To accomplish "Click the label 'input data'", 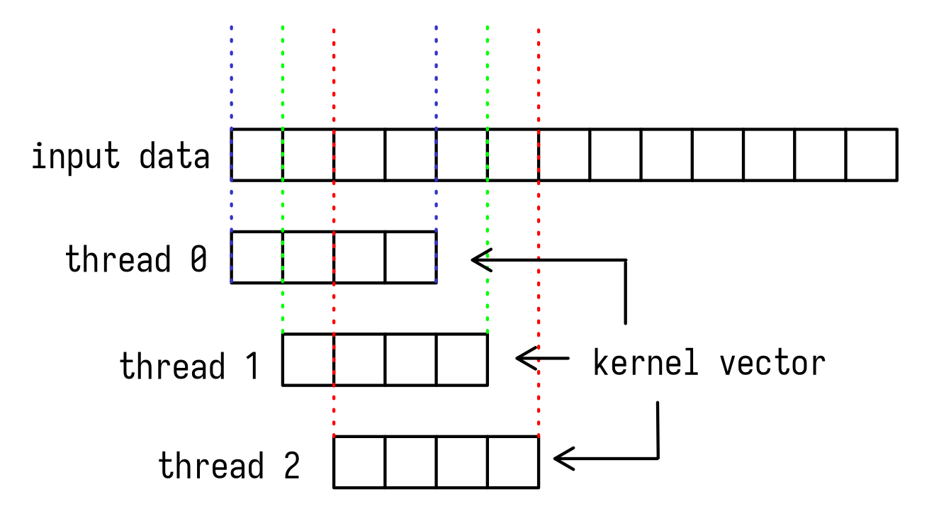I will click(x=120, y=156).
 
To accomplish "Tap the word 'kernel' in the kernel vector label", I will click(x=645, y=363).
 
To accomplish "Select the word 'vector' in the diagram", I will click(x=772, y=363).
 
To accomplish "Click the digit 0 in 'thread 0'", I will click(x=198, y=259).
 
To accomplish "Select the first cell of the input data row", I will click(x=257, y=155).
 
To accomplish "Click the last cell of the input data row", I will click(x=872, y=155).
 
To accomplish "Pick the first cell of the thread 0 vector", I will click(x=257, y=257).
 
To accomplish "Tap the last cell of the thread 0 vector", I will click(x=410, y=257).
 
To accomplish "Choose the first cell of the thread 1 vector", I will click(x=308, y=359).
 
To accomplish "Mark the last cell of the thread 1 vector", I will click(x=462, y=359).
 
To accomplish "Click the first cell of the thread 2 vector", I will click(x=359, y=461).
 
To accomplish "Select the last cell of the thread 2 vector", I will click(x=513, y=461).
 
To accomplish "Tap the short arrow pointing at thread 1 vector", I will click(x=542, y=359).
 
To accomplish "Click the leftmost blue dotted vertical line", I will click(x=231, y=78).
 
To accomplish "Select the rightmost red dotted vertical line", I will click(x=539, y=78).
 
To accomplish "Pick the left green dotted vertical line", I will click(x=283, y=78).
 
